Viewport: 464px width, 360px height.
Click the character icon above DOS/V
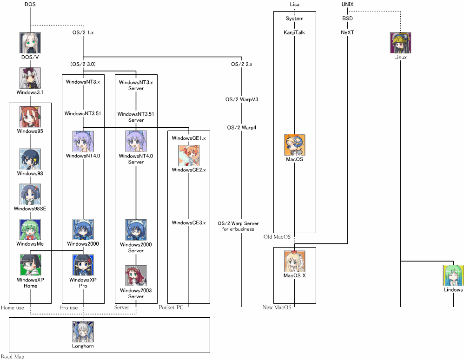click(x=30, y=43)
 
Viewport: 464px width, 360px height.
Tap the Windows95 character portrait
click(x=30, y=117)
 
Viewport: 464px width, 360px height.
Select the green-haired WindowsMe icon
click(x=30, y=229)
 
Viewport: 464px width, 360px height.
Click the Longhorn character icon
click(x=83, y=332)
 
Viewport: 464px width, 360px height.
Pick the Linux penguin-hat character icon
click(x=400, y=43)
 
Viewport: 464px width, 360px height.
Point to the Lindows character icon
click(x=453, y=275)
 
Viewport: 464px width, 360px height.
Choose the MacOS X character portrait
click(x=295, y=261)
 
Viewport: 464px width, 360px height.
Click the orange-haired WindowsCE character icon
click(x=189, y=156)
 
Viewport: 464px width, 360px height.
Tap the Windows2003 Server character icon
click(x=136, y=276)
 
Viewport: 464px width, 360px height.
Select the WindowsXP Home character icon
click(x=30, y=265)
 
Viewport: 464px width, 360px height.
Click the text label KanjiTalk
click(x=294, y=33)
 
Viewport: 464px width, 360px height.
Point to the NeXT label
click(x=347, y=33)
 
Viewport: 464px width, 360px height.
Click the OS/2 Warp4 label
click(x=242, y=128)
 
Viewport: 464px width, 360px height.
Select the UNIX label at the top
click(x=347, y=4)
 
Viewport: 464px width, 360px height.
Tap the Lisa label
click(x=294, y=4)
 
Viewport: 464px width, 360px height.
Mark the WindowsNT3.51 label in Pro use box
click(x=83, y=113)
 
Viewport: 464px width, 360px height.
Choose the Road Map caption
click(x=13, y=357)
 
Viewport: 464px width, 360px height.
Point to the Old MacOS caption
click(x=277, y=237)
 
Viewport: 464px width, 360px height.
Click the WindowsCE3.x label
click(x=189, y=223)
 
